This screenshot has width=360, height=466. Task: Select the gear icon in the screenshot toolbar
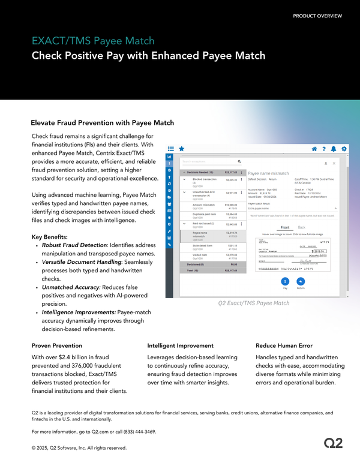344,148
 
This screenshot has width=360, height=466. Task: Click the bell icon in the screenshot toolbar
334,148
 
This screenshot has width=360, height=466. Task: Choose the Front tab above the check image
285,227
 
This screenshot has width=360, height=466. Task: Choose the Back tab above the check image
301,227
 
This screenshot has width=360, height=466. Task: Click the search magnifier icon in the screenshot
239,161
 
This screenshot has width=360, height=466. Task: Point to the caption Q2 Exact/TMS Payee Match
254,303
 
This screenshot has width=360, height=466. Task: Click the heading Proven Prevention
56,346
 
